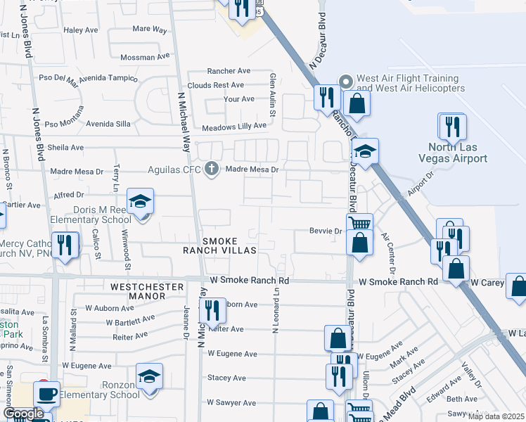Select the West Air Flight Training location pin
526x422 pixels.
tap(346, 82)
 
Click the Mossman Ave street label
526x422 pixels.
tap(146, 57)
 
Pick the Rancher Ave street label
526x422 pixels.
tap(229, 71)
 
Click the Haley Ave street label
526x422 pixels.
tap(81, 30)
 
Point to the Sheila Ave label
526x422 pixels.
tap(65, 148)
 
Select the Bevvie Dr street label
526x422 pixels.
tap(326, 231)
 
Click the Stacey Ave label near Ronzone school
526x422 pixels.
tap(226, 378)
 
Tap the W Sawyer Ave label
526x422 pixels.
tap(231, 403)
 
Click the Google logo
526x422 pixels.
tap(23, 414)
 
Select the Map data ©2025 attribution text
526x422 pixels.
tap(496, 416)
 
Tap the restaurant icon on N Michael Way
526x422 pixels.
tap(211, 310)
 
